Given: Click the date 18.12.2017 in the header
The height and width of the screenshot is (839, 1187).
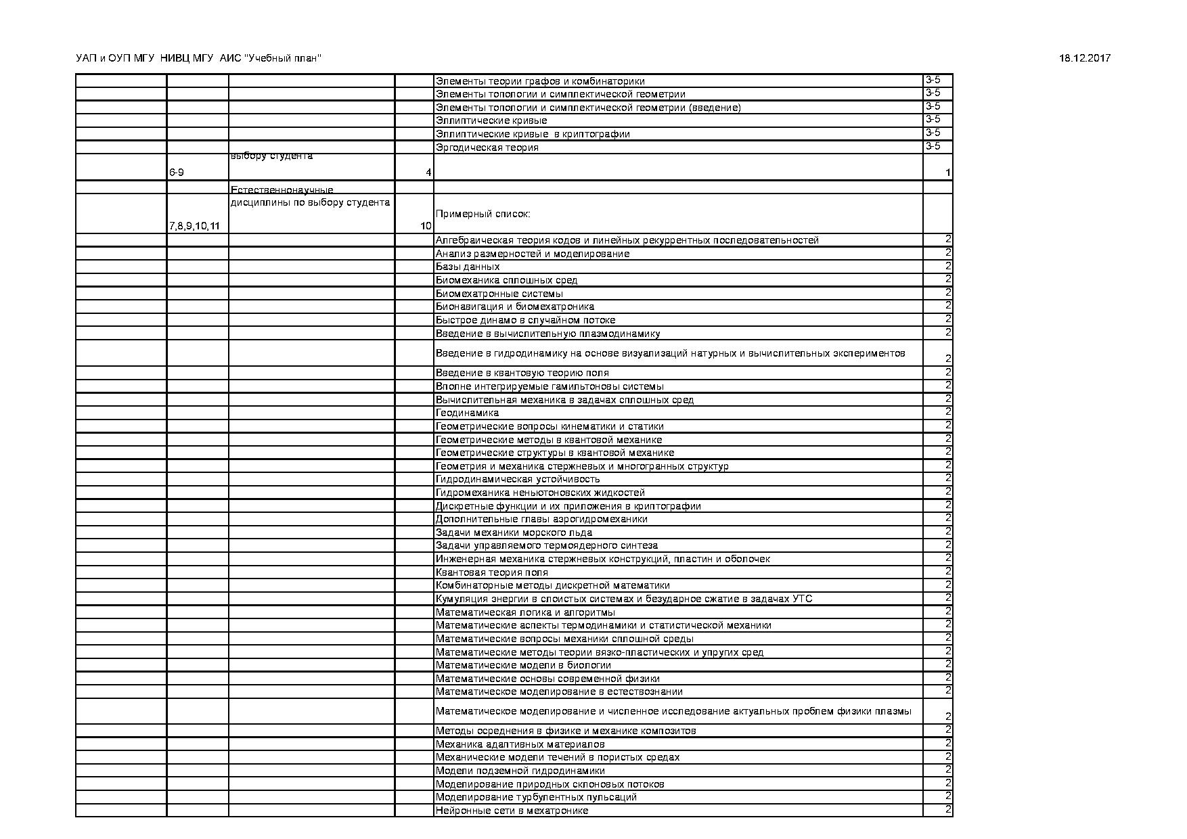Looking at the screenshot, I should coord(1084,59).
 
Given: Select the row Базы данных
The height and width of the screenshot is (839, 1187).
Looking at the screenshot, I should coord(468,267).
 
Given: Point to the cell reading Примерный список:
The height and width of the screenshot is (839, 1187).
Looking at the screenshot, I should coord(483,214).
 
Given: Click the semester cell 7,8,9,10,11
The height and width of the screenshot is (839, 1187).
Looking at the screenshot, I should coord(194,226).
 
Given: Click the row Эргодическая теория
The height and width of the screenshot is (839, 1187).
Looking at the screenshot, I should coord(487,148).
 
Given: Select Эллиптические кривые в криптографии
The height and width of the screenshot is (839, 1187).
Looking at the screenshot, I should coord(533,134).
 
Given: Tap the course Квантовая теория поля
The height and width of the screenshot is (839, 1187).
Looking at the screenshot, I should coord(491,572).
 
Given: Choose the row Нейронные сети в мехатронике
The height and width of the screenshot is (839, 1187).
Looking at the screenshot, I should coord(512,811).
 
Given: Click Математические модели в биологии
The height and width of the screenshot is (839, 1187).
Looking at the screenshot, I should coord(523,665).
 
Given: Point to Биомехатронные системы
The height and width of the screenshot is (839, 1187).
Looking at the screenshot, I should coord(499,294).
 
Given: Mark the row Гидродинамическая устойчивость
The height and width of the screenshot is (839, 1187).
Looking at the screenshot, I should coord(518,479).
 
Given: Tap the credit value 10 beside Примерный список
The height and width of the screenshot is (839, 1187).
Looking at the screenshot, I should coord(426,226).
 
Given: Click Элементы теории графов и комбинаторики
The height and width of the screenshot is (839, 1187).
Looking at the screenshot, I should coord(540,81).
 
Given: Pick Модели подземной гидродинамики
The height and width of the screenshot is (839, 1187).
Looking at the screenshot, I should coord(520,771).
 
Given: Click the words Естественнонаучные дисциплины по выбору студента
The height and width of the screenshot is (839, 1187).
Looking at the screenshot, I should coord(310,197).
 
